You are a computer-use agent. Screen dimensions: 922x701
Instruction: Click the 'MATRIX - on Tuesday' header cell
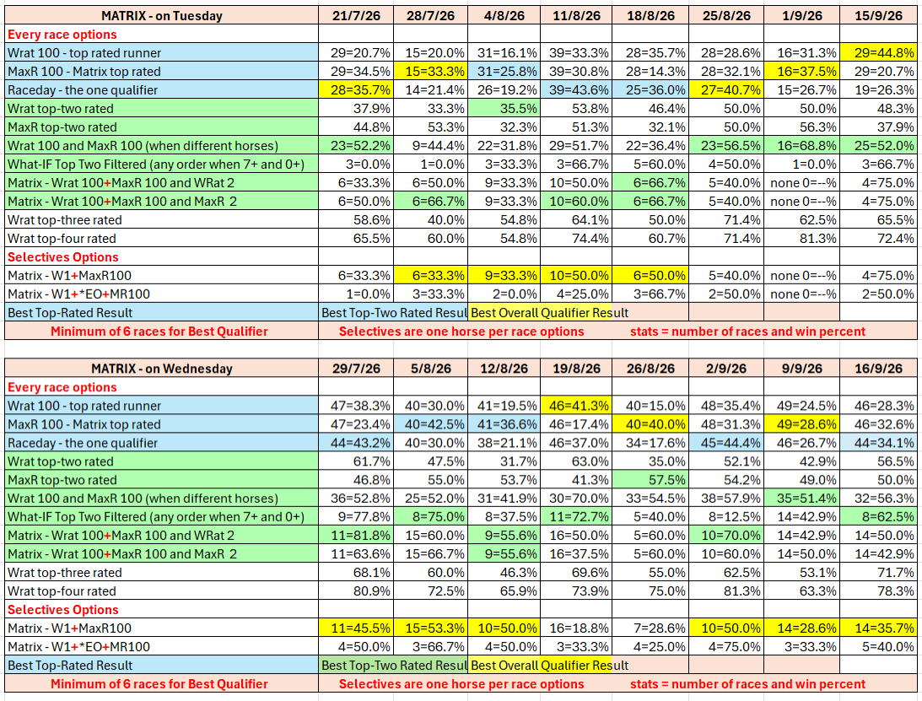pyautogui.click(x=162, y=16)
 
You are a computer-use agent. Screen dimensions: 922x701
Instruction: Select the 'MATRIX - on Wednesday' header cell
pyautogui.click(x=162, y=369)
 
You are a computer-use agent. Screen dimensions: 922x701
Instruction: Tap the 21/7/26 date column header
pyautogui.click(x=356, y=16)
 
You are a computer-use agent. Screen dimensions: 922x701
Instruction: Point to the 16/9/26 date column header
pyautogui.click(x=878, y=369)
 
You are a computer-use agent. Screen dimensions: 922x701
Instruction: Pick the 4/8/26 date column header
pyautogui.click(x=504, y=16)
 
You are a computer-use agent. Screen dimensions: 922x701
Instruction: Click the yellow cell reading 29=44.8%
pyautogui.click(x=878, y=53)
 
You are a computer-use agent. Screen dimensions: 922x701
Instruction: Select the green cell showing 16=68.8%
pyautogui.click(x=801, y=146)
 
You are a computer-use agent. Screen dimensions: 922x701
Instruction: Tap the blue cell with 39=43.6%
pyautogui.click(x=576, y=90)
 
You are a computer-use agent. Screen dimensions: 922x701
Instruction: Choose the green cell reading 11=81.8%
pyautogui.click(x=356, y=536)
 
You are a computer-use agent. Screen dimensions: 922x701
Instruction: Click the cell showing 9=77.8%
pyautogui.click(x=356, y=517)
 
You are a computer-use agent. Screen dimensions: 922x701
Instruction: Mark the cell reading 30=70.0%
pyautogui.click(x=576, y=499)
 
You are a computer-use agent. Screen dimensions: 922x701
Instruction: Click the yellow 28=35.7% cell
pyautogui.click(x=356, y=90)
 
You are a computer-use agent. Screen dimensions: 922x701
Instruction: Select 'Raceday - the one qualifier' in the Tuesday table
pyautogui.click(x=83, y=90)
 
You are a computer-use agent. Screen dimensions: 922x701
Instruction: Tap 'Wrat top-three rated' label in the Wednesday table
pyautogui.click(x=65, y=573)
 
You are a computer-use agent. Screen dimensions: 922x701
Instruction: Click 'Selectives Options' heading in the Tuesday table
pyautogui.click(x=63, y=257)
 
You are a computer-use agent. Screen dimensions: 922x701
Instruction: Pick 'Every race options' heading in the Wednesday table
pyautogui.click(x=62, y=387)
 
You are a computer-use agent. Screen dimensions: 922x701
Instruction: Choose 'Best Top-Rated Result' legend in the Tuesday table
pyautogui.click(x=70, y=313)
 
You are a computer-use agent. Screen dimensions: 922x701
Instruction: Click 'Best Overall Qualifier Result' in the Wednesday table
pyautogui.click(x=550, y=666)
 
